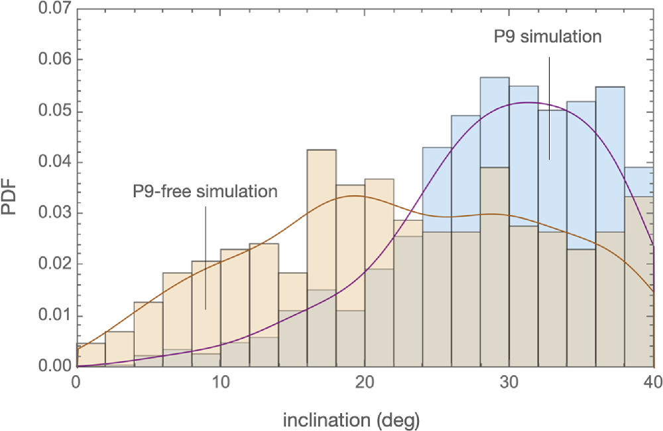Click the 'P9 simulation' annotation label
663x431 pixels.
(548, 37)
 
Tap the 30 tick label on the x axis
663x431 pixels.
(509, 383)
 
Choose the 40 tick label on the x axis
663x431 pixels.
(653, 383)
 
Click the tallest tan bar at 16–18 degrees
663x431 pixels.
(322, 199)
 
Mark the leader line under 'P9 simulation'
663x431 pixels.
(549, 106)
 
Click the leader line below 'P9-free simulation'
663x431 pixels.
(206, 256)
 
